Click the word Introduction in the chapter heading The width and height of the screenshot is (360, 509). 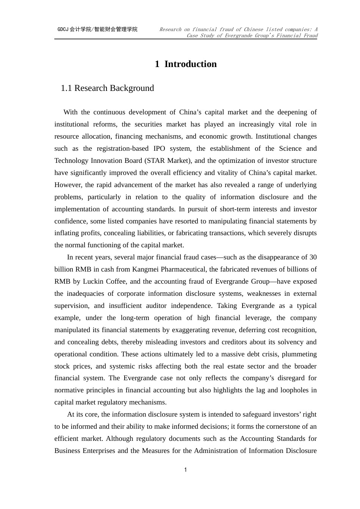(190, 64)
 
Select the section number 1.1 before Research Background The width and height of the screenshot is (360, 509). (66, 88)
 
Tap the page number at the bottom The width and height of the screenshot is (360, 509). (185, 470)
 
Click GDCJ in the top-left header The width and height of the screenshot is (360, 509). (63, 29)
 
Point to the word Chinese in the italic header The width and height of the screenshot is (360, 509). (253, 29)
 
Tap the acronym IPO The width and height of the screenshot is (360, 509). (159, 148)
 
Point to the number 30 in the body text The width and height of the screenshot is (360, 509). (313, 257)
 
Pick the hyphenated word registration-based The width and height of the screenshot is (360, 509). (117, 148)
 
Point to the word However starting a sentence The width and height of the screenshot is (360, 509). (68, 185)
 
